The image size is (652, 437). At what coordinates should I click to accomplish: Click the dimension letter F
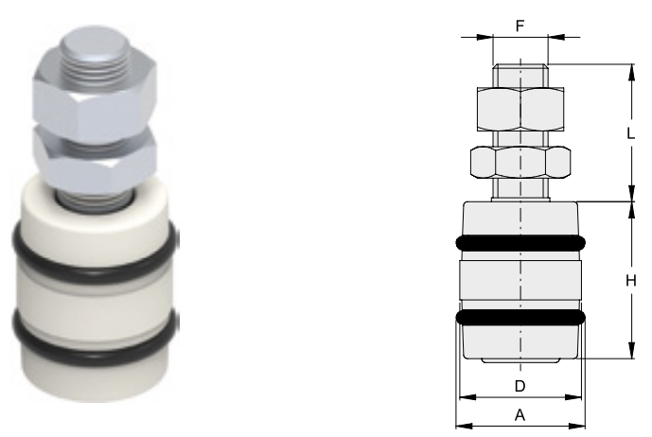click(520, 26)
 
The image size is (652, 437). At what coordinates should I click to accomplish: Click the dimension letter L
click(631, 133)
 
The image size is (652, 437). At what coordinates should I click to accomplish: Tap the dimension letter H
click(631, 281)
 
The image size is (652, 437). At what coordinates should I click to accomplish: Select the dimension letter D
click(520, 386)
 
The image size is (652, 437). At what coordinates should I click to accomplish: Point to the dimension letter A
click(520, 415)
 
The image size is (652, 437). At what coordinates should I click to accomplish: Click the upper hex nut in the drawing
click(520, 109)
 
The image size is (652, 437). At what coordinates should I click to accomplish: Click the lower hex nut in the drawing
click(520, 162)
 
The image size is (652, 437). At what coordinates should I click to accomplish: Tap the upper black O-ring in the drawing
click(520, 243)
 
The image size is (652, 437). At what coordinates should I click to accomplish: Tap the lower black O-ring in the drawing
click(520, 318)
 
